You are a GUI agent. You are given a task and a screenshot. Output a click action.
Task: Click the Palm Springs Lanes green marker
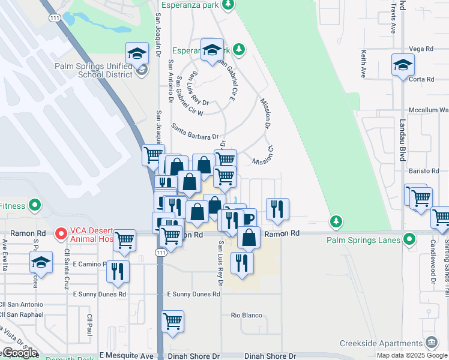pyautogui.click(x=410, y=241)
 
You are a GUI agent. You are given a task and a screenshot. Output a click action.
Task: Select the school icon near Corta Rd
pyautogui.click(x=403, y=65)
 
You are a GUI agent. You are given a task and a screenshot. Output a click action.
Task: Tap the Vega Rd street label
pyautogui.click(x=420, y=49)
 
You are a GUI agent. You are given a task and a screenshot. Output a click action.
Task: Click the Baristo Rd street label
pyautogui.click(x=421, y=172)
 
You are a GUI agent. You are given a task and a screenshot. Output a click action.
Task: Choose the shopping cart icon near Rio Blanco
pyautogui.click(x=172, y=321)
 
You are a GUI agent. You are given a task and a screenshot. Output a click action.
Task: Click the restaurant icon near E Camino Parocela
pyautogui.click(x=118, y=271)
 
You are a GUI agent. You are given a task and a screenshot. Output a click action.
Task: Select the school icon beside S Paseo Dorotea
pyautogui.click(x=41, y=262)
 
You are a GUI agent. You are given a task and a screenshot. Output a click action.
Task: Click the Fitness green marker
pyautogui.click(x=35, y=206)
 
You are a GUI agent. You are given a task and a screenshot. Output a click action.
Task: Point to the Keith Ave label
pyautogui.click(x=364, y=64)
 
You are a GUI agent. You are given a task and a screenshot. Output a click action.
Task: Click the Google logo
pyautogui.click(x=20, y=353)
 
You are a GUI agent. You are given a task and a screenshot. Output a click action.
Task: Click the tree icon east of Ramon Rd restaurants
pyautogui.click(x=337, y=221)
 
